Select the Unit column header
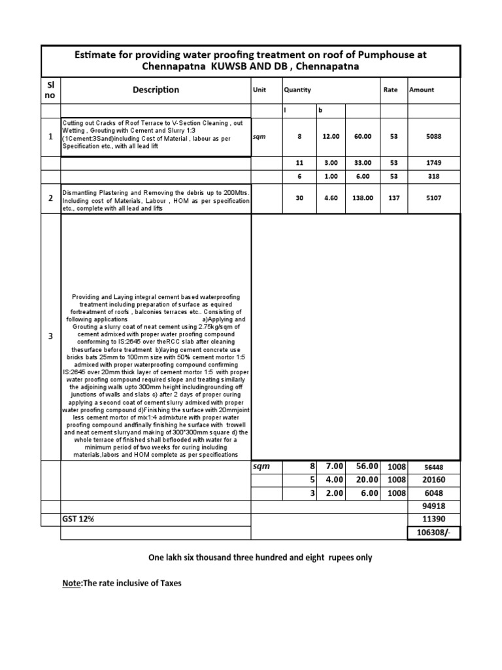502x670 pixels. point(259,90)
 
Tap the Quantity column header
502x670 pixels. point(297,90)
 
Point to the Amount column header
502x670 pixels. point(422,90)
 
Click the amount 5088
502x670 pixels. point(433,137)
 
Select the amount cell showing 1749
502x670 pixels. point(433,163)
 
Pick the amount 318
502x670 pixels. point(433,177)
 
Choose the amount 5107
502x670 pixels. point(433,198)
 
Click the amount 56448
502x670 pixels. point(433,468)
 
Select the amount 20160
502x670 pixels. point(433,480)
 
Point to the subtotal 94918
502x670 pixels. point(433,506)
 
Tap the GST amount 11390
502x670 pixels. point(433,518)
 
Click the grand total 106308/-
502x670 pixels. point(433,533)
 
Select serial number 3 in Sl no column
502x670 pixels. point(51,336)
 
